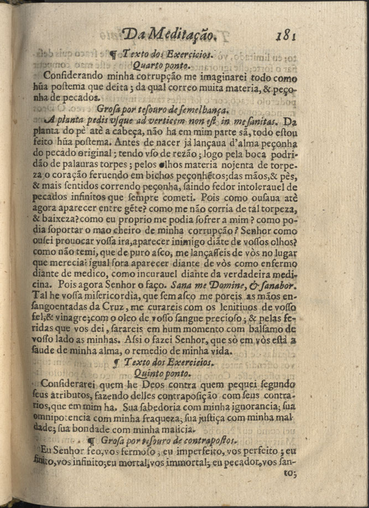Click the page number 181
pos(285,35)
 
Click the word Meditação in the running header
pos(179,36)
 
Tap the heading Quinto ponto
pos(164,374)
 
